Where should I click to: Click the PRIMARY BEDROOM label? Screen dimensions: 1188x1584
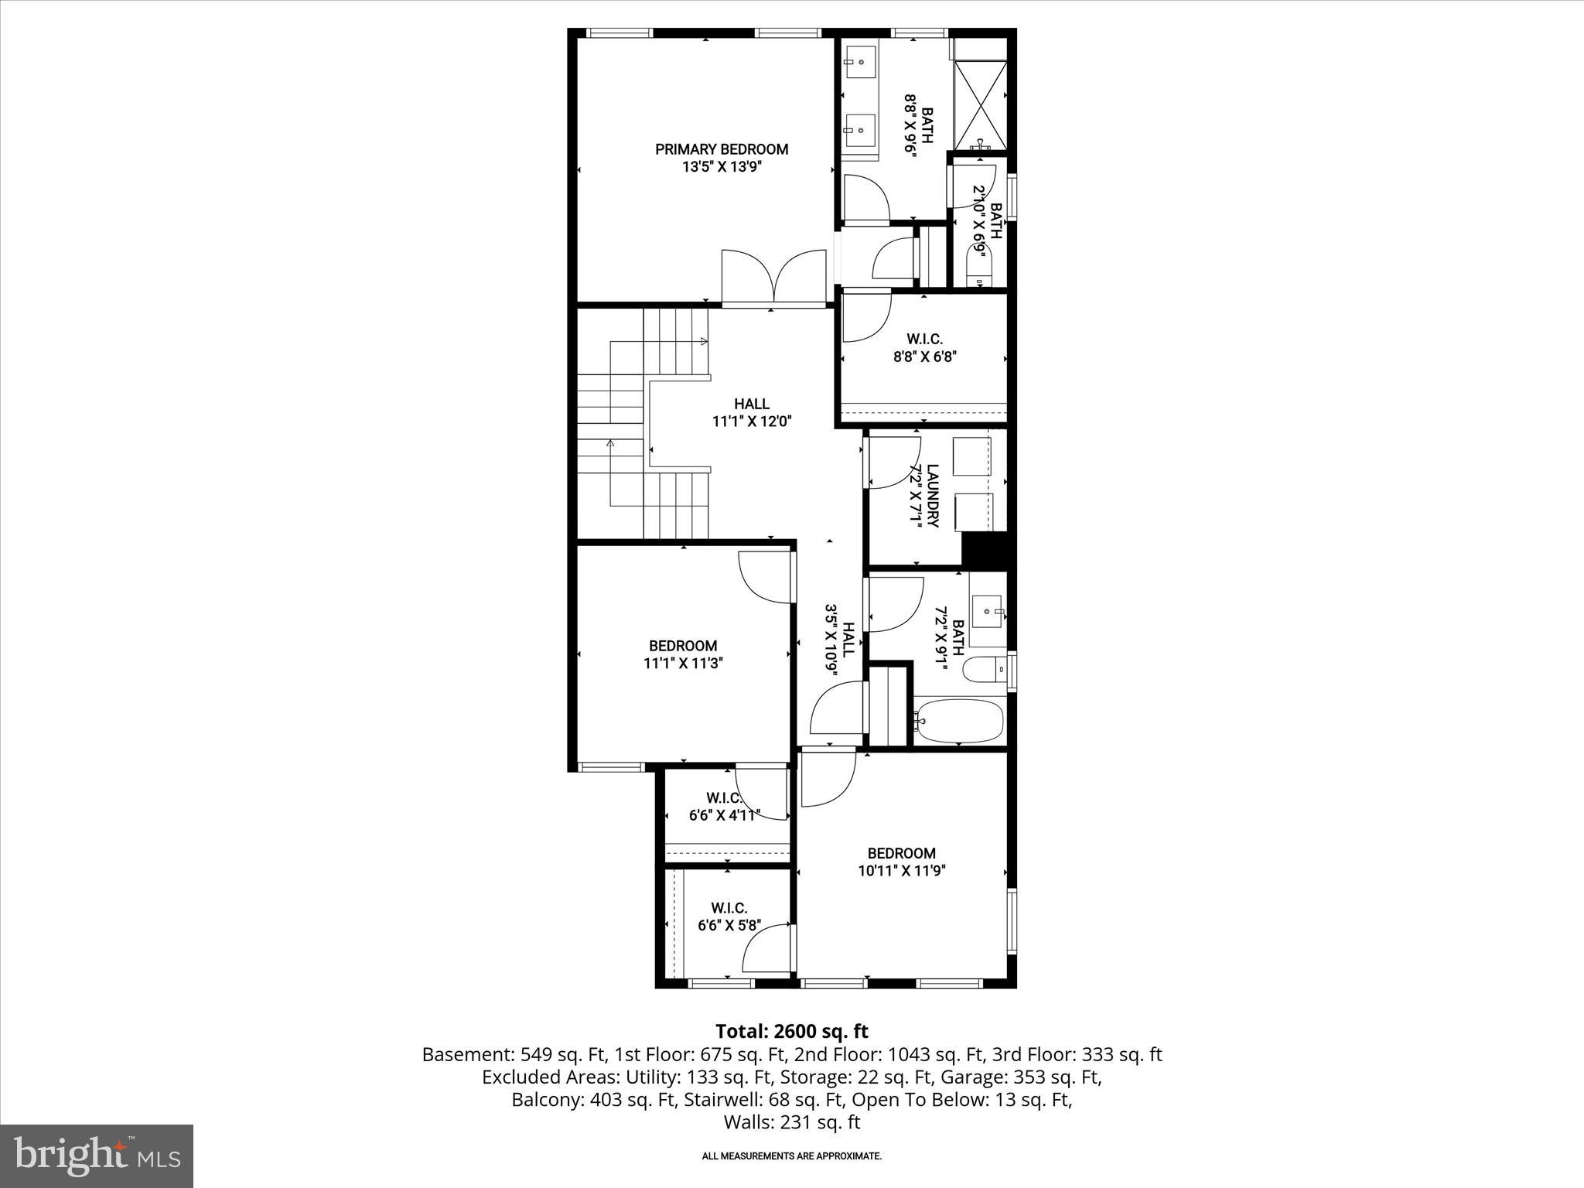click(x=722, y=149)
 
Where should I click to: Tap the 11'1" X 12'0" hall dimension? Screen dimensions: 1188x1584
click(x=752, y=422)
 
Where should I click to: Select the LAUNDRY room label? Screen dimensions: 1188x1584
click(x=932, y=496)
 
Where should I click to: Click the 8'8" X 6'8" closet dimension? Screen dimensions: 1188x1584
click(x=924, y=357)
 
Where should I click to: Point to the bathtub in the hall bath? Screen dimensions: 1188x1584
click(x=959, y=721)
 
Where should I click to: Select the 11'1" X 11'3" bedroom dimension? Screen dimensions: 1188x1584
click(x=682, y=663)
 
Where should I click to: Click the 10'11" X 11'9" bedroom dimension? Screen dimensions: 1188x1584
click(x=902, y=870)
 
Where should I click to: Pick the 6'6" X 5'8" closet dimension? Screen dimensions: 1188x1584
click(x=729, y=925)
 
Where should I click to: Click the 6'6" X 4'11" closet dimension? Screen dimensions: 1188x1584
click(x=725, y=814)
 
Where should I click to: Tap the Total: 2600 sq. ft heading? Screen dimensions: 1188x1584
click(x=791, y=1031)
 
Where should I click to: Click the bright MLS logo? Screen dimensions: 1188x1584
click(x=97, y=1156)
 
